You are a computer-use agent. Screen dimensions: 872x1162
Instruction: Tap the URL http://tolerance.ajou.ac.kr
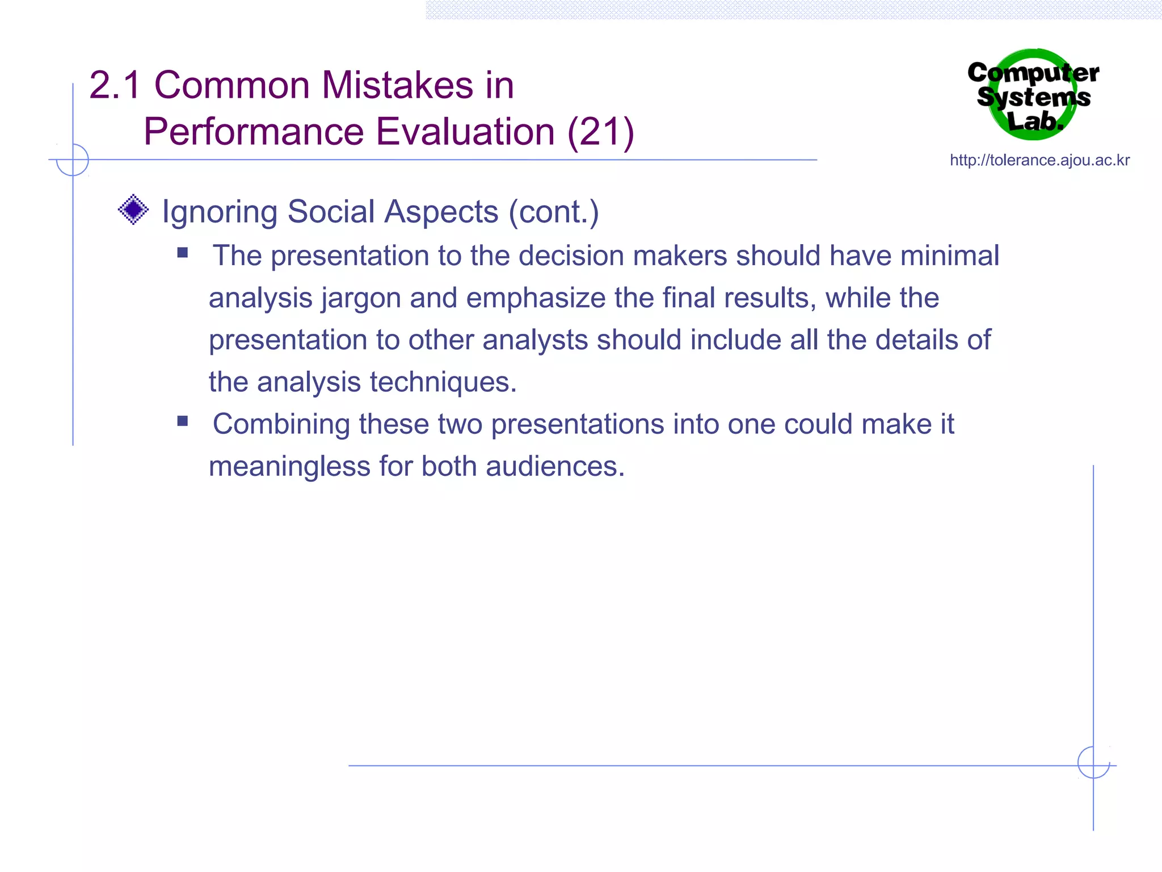[1039, 160]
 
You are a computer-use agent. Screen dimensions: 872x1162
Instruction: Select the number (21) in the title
[600, 132]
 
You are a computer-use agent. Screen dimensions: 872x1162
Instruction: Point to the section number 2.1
[115, 85]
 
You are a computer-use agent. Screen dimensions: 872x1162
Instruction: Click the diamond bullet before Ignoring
[133, 209]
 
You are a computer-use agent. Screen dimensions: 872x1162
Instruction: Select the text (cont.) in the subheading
[553, 212]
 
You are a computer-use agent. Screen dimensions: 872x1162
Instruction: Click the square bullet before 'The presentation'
[182, 253]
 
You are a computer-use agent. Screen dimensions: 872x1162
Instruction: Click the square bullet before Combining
[182, 421]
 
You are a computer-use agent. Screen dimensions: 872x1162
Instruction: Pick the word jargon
[361, 299]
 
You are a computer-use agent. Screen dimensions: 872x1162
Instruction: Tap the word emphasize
[536, 299]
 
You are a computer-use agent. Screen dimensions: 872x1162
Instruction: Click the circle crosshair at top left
[73, 160]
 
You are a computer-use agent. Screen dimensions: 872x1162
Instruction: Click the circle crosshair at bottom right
[1093, 762]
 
